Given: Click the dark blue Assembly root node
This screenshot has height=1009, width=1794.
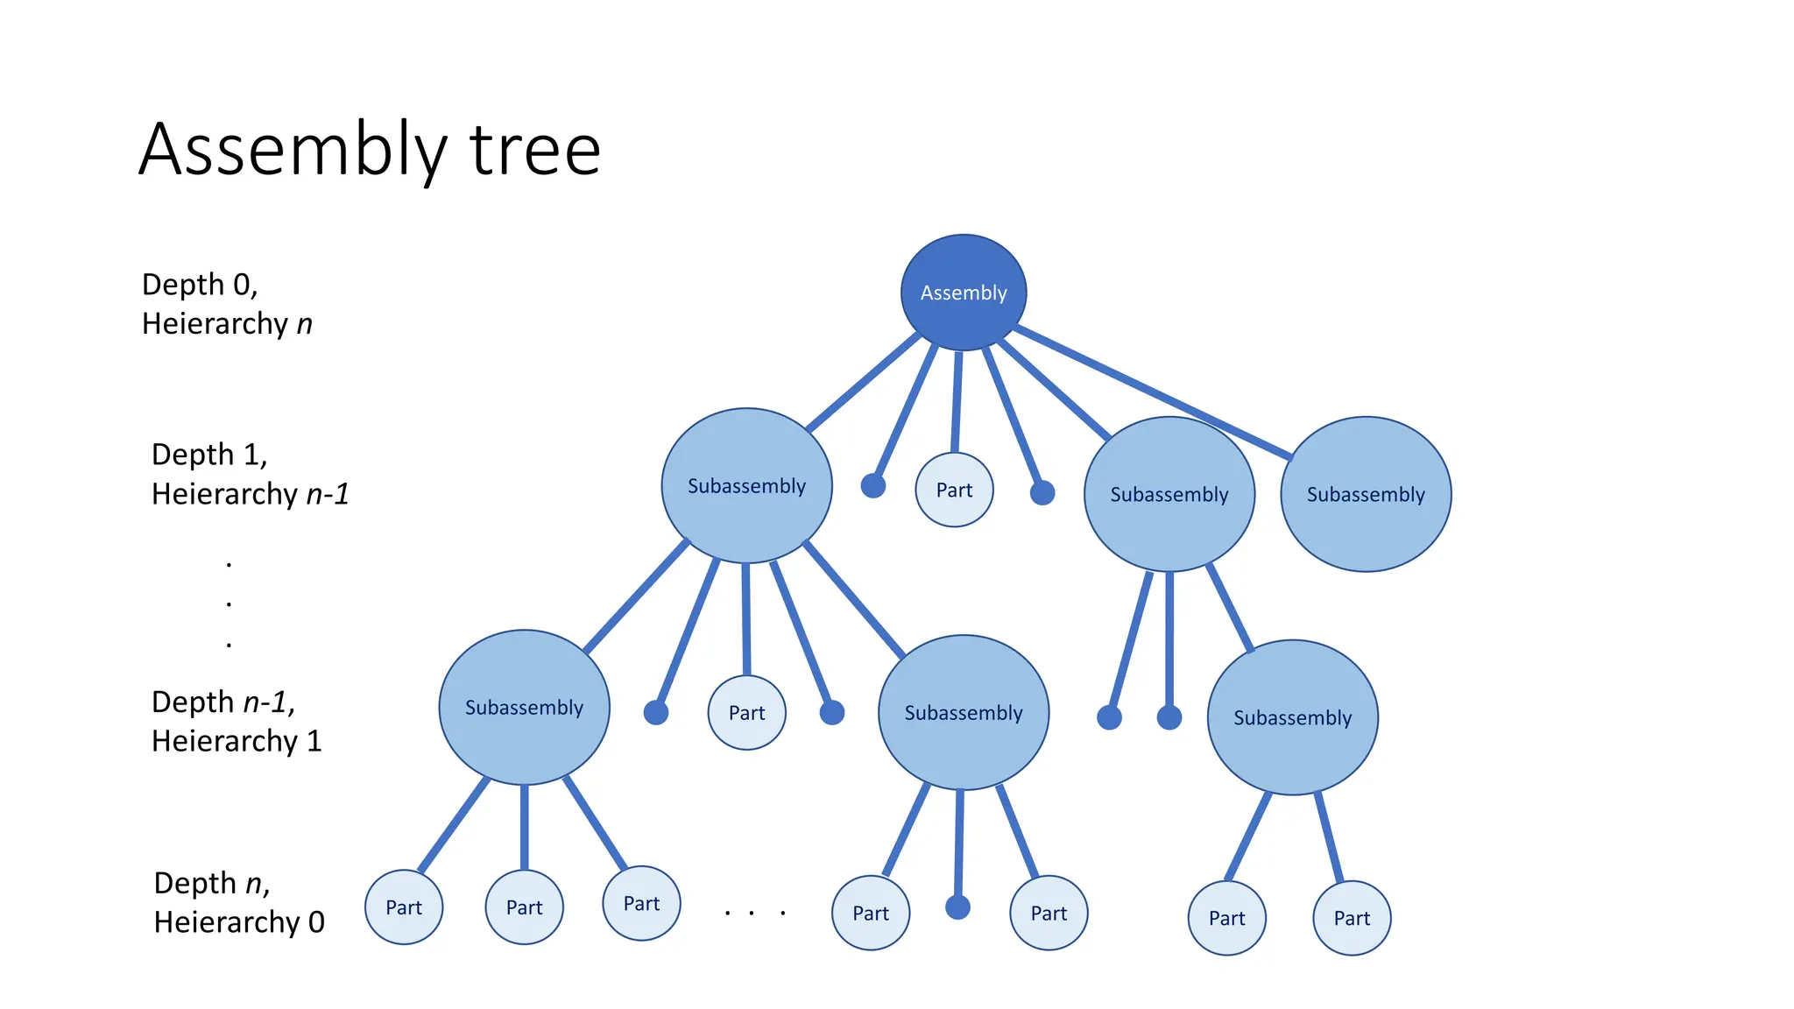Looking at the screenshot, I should [x=963, y=293].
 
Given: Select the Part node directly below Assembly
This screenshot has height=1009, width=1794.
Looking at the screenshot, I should [x=954, y=490].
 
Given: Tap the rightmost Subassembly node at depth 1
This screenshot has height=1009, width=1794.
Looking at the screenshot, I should [x=1365, y=495].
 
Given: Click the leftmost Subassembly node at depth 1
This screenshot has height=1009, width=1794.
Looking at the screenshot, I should [x=746, y=486].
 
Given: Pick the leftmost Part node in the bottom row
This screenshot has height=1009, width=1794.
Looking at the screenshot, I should [x=404, y=907].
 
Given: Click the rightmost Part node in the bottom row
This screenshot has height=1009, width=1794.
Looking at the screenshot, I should [x=1351, y=918].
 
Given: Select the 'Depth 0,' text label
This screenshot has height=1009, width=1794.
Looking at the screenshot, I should [x=200, y=285].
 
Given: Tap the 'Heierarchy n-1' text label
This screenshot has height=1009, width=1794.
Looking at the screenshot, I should [x=250, y=494].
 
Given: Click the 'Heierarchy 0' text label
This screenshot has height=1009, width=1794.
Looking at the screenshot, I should [x=238, y=922].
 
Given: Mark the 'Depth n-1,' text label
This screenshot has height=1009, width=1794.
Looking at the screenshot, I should [x=223, y=702].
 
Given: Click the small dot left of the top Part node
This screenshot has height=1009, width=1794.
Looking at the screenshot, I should [x=872, y=485].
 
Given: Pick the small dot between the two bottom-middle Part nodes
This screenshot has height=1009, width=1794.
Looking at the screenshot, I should [x=957, y=907].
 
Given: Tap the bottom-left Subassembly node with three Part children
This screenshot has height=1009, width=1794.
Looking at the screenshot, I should [x=524, y=708].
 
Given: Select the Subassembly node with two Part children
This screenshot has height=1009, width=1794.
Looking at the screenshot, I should [x=1292, y=718].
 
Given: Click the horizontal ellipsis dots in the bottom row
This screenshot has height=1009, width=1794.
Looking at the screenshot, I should [x=753, y=914].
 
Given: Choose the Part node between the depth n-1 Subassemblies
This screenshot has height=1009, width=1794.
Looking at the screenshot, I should [x=746, y=713].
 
